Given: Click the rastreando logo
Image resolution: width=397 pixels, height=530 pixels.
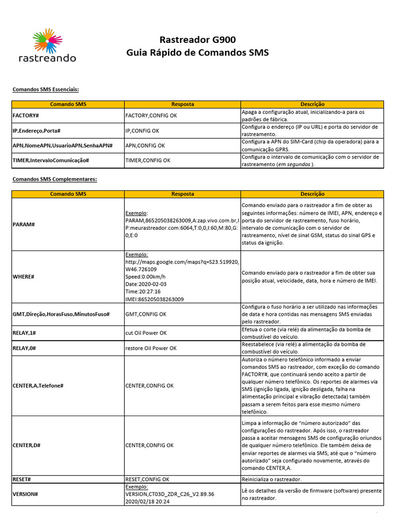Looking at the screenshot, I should point(47,46).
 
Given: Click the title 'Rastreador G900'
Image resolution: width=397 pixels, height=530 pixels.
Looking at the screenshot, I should point(197,40).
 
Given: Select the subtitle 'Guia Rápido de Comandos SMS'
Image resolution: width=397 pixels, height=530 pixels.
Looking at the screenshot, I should point(197,53).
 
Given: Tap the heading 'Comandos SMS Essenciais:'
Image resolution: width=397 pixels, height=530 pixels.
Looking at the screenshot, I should point(45,90).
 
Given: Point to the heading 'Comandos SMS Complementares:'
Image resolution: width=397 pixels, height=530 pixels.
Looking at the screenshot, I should point(55,179).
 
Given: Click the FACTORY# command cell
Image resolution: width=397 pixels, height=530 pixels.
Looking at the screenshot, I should point(26,115).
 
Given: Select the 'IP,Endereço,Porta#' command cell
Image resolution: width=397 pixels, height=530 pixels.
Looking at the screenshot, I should point(36,130).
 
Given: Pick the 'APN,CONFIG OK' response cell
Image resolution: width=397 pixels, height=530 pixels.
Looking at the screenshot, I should point(145,145).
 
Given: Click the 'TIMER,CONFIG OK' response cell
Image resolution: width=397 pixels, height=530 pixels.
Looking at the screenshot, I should point(148,160).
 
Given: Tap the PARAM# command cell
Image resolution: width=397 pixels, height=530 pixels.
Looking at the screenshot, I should point(23,225).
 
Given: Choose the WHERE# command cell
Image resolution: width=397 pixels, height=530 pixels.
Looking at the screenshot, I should point(23,277).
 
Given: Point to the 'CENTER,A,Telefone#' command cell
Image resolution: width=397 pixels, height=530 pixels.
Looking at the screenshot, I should point(38,386).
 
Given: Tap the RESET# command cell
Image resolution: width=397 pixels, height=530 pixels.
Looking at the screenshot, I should point(22,479).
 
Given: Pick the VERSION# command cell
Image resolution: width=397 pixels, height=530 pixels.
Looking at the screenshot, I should point(25,494).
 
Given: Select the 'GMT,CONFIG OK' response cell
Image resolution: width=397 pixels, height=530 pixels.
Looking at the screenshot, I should point(146,314).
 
